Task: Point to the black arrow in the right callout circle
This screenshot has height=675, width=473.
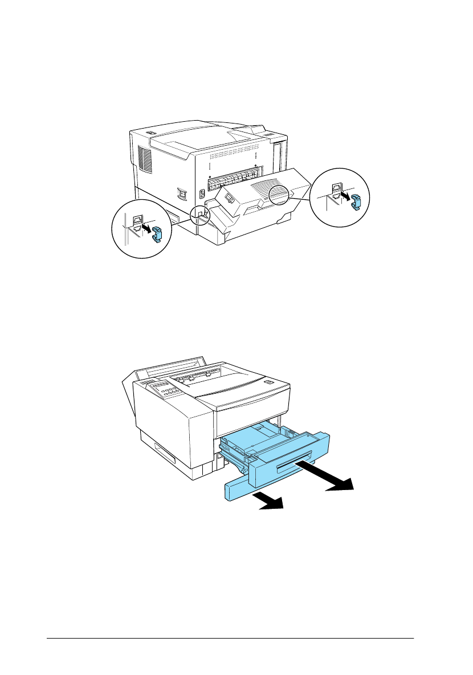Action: click(x=345, y=195)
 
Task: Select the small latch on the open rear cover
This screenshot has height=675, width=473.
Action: click(x=228, y=198)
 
